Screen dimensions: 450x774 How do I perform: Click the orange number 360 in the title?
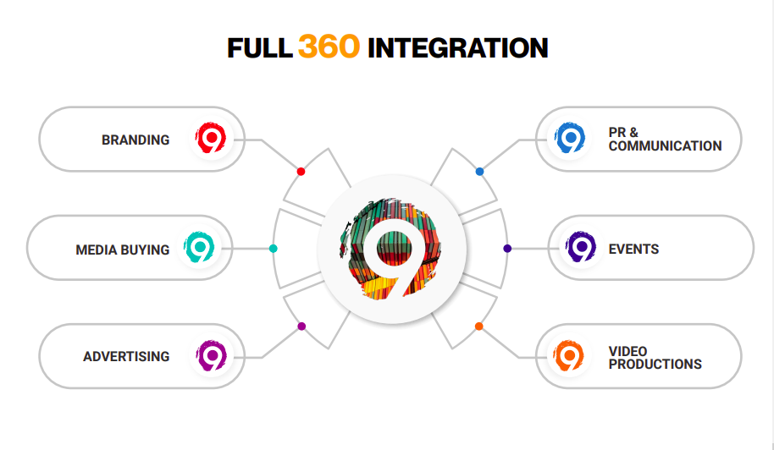329,47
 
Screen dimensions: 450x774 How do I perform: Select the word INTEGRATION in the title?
457,48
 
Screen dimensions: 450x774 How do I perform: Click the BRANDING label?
135,140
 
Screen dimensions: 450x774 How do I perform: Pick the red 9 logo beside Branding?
209,138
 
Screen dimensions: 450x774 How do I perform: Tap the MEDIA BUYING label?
122,250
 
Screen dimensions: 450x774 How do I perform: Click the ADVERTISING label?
126,356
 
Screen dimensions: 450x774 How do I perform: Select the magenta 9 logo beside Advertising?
210,354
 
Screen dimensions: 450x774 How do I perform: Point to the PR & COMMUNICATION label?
665,139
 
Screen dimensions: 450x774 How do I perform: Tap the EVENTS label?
633,249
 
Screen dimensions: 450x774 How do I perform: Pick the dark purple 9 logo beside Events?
581,247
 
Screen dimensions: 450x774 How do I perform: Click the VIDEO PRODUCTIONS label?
655,357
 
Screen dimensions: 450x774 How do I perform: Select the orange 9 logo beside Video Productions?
570,355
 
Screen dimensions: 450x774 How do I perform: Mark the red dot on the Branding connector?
301,172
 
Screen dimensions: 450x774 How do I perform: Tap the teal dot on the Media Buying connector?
273,249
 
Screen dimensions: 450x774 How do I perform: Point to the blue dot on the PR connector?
479,172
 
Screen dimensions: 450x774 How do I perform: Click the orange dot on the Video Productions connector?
478,327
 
